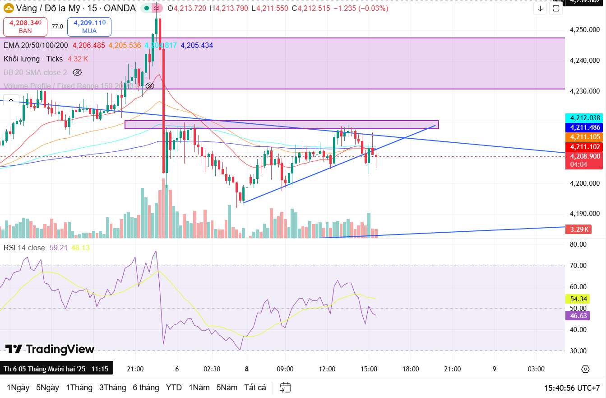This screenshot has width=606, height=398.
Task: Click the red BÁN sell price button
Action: click(x=25, y=27)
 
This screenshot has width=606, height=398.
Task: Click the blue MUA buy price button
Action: click(x=89, y=27)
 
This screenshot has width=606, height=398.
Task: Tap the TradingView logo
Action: click(x=50, y=349)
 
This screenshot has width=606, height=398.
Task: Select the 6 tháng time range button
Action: click(x=146, y=388)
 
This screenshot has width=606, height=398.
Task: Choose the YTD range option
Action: click(x=174, y=388)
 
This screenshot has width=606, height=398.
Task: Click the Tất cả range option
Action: click(x=255, y=388)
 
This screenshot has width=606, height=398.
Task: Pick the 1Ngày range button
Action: click(x=18, y=388)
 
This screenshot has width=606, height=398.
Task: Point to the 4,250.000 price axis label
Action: click(x=585, y=30)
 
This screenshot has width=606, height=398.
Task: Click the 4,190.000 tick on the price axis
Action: click(x=585, y=214)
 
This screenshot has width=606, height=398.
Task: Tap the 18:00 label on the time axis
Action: click(x=411, y=369)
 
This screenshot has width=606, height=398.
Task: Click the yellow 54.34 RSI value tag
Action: click(x=578, y=299)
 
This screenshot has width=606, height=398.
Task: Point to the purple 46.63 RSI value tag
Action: click(x=578, y=316)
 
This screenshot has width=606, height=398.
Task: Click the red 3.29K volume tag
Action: click(x=579, y=229)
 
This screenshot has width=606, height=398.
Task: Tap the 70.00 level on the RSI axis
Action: click(x=578, y=266)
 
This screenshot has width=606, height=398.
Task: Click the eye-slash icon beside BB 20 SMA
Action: click(x=77, y=72)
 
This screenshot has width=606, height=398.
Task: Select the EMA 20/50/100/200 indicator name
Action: click(x=36, y=45)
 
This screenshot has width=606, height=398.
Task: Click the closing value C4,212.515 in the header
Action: click(x=311, y=8)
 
